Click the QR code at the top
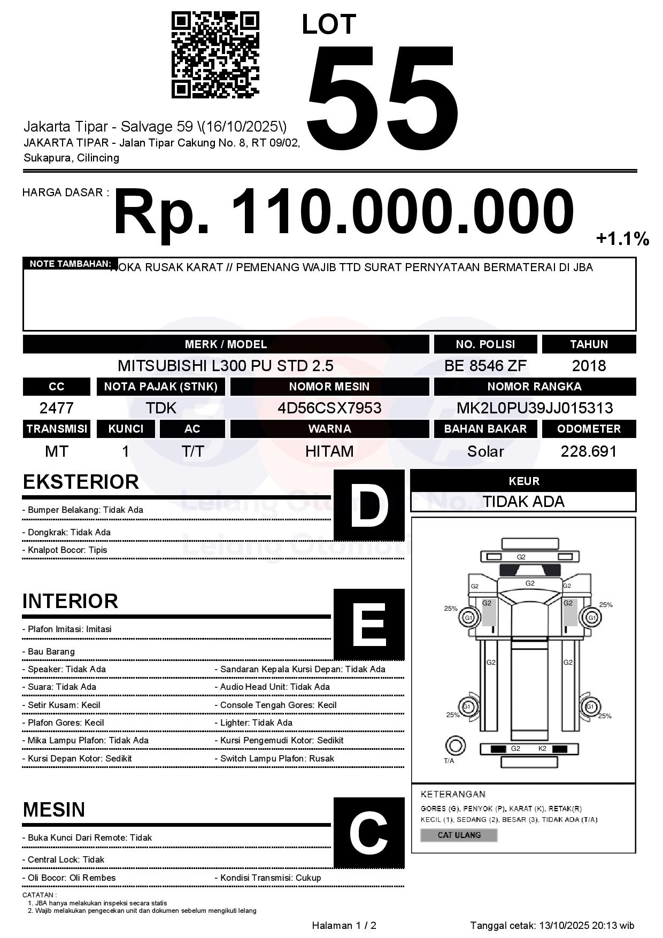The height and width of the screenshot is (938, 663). pyautogui.click(x=215, y=56)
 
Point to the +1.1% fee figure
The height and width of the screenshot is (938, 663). pyautogui.click(x=622, y=239)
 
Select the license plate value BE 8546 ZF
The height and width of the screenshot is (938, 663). pyautogui.click(x=485, y=366)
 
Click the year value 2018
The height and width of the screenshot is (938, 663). pyautogui.click(x=589, y=366)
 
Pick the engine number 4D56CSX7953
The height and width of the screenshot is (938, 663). pyautogui.click(x=329, y=409)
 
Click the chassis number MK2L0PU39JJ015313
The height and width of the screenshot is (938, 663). pyautogui.click(x=535, y=409)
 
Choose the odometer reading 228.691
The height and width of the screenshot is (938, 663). pyautogui.click(x=589, y=452)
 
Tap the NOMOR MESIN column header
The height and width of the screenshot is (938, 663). pyautogui.click(x=329, y=387)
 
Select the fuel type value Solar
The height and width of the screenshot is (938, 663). pyautogui.click(x=485, y=452)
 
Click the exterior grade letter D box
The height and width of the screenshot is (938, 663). pyautogui.click(x=369, y=505)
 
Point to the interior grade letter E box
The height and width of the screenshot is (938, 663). pyautogui.click(x=369, y=624)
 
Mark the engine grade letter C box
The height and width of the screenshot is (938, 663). pyautogui.click(x=369, y=833)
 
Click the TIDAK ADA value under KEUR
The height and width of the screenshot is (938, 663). pyautogui.click(x=523, y=502)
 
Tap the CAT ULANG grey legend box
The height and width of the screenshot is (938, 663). pyautogui.click(x=459, y=835)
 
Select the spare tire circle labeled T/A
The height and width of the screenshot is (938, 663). pyautogui.click(x=455, y=745)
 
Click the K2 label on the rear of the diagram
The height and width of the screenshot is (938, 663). pyautogui.click(x=542, y=749)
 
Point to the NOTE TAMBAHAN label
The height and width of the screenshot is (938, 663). pyautogui.click(x=70, y=264)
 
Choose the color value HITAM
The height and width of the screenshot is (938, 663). pyautogui.click(x=329, y=452)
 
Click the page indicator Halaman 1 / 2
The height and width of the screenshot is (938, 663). pyautogui.click(x=344, y=926)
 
